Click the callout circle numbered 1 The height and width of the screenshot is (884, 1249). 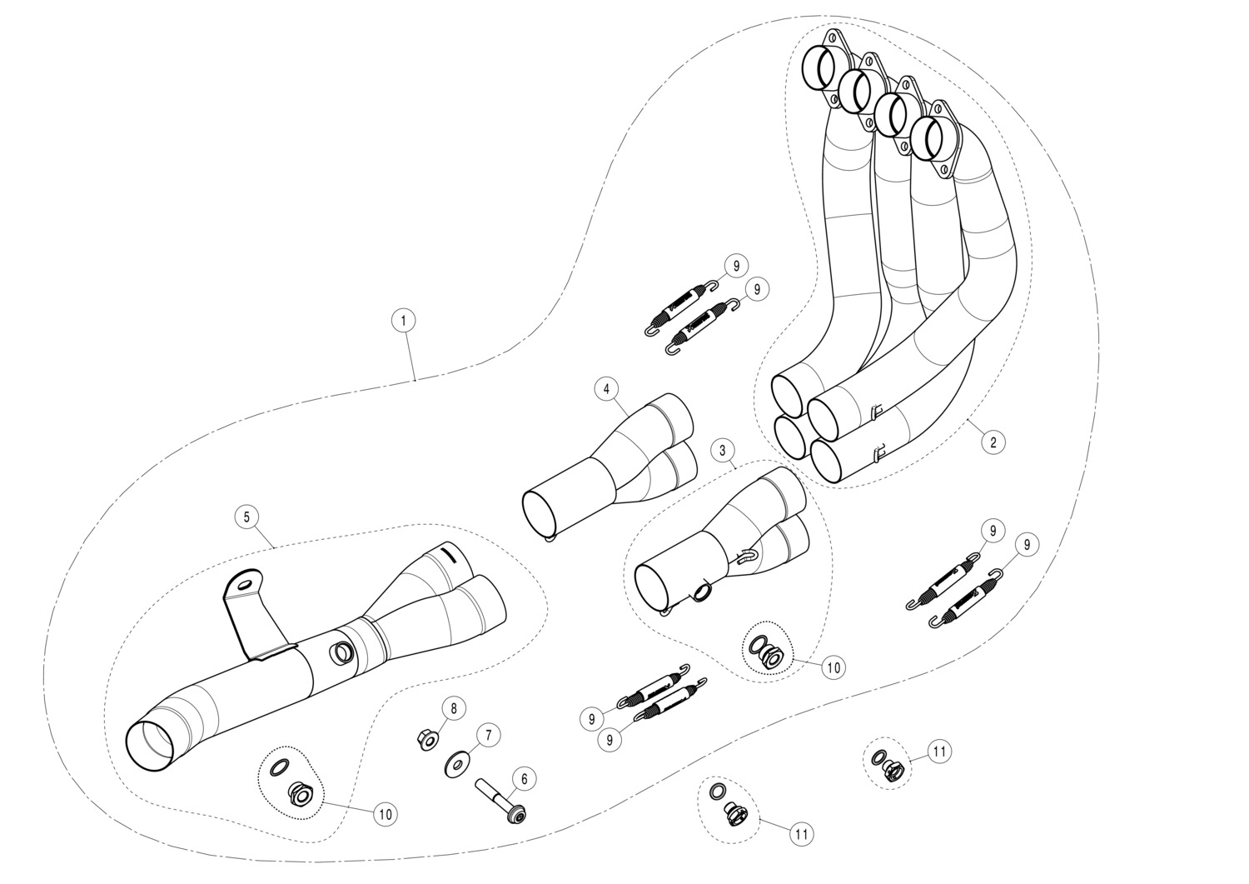(403, 320)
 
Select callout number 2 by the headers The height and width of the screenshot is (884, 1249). (993, 441)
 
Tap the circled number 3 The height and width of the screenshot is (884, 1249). (723, 451)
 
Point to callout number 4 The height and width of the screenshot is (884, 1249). (607, 388)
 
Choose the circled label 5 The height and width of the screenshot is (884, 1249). (246, 517)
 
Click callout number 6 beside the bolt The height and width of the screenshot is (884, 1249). (524, 779)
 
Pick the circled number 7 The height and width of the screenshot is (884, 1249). (489, 735)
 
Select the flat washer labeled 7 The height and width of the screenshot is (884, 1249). (457, 762)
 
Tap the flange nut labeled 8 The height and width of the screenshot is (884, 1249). (425, 739)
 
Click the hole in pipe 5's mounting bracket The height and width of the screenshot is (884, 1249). (243, 585)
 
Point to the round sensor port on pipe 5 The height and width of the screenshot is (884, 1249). (341, 654)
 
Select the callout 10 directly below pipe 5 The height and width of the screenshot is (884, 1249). (385, 814)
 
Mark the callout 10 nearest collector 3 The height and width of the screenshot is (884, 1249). (833, 667)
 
